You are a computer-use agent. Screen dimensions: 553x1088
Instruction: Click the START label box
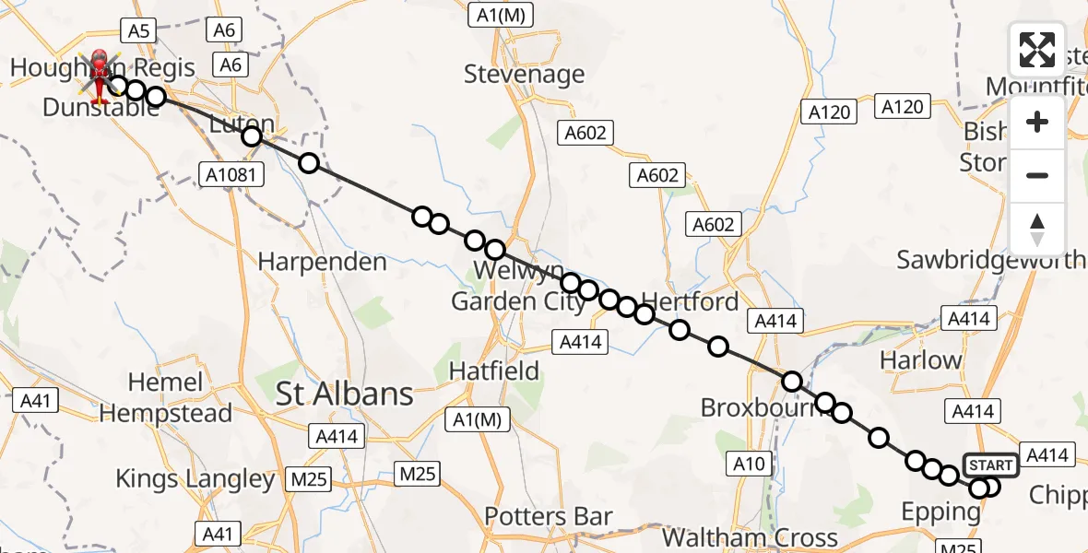click(x=990, y=466)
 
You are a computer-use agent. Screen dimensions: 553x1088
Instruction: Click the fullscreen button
click(x=1037, y=50)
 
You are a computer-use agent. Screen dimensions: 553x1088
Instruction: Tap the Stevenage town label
click(x=524, y=74)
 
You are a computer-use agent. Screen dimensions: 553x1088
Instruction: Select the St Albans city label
click(x=346, y=394)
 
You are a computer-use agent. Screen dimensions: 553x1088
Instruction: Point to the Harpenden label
click(x=322, y=263)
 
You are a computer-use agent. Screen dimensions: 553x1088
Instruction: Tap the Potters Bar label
click(x=549, y=516)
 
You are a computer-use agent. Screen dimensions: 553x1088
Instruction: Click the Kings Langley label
click(x=195, y=479)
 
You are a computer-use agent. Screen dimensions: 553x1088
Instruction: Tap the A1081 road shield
click(x=231, y=173)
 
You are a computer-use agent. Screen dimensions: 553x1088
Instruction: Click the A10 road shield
click(x=750, y=464)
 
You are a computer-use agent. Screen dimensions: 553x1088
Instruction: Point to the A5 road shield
click(x=137, y=31)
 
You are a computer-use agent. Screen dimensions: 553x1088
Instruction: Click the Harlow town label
click(x=922, y=360)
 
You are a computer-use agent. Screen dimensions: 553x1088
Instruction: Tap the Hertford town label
click(x=689, y=301)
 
